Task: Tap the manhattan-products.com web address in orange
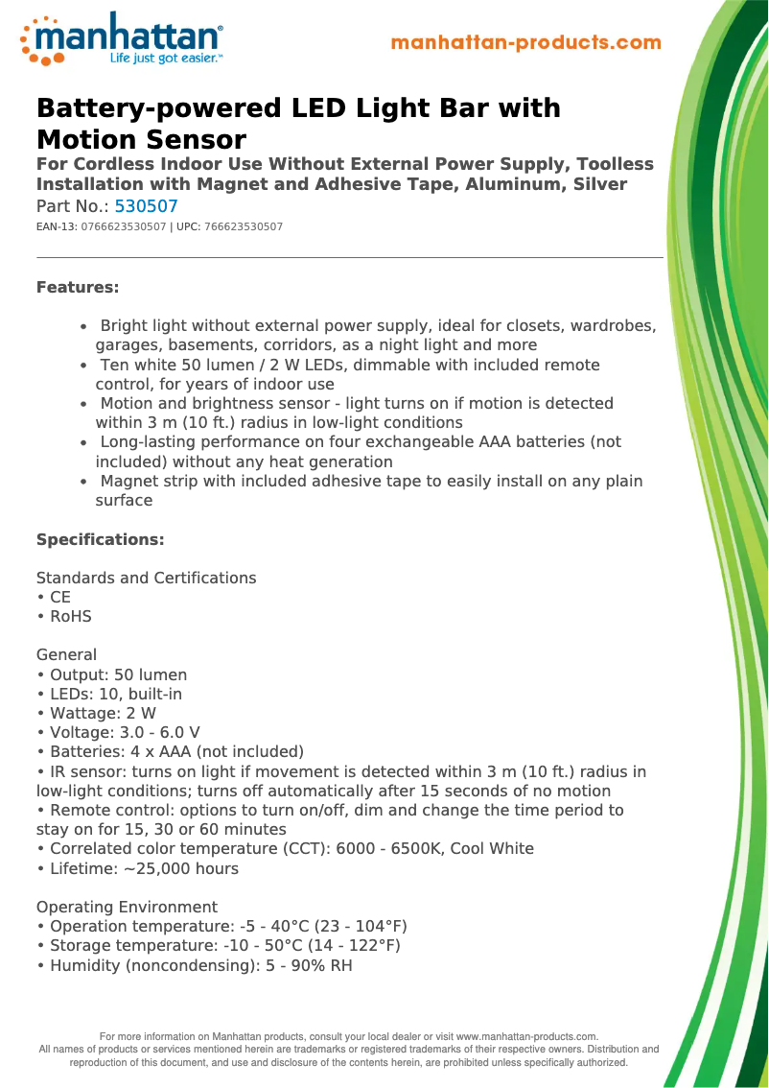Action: (526, 43)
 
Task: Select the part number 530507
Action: (146, 206)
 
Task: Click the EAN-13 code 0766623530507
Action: (124, 227)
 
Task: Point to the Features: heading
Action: (78, 287)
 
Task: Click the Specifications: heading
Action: (101, 540)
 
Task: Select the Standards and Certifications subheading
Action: (146, 578)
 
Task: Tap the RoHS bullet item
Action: (70, 617)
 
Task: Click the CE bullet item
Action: (59, 597)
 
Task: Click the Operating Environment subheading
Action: (127, 907)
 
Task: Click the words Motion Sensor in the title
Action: (141, 139)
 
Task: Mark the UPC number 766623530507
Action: (244, 227)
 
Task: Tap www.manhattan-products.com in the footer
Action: (526, 1037)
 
